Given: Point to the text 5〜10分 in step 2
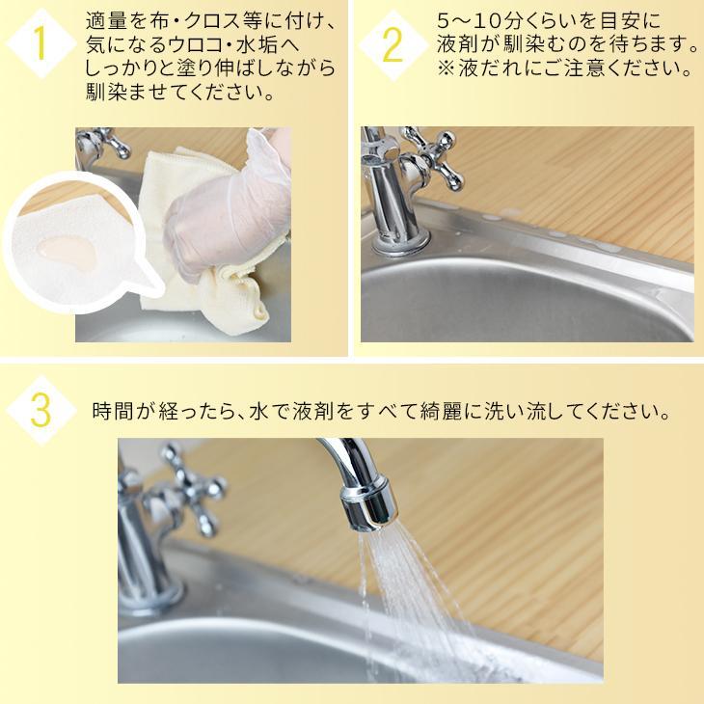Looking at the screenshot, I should click(x=471, y=20).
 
